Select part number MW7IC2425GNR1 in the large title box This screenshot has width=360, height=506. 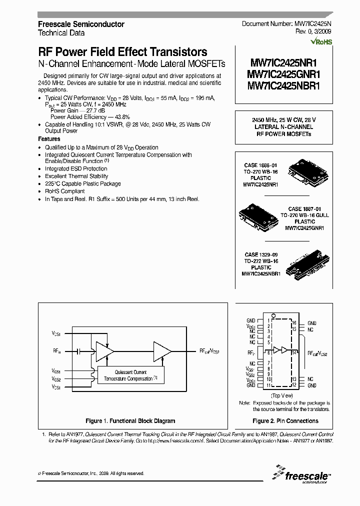(283, 74)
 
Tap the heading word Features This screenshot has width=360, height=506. (49, 139)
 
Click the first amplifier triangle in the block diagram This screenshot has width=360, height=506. (103, 351)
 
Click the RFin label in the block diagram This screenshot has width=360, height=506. (55, 351)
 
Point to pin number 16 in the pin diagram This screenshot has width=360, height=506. (294, 323)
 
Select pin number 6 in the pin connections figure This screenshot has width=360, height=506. (269, 353)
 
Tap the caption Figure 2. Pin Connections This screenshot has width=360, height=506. (285, 421)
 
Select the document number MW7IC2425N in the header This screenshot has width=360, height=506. (311, 24)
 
